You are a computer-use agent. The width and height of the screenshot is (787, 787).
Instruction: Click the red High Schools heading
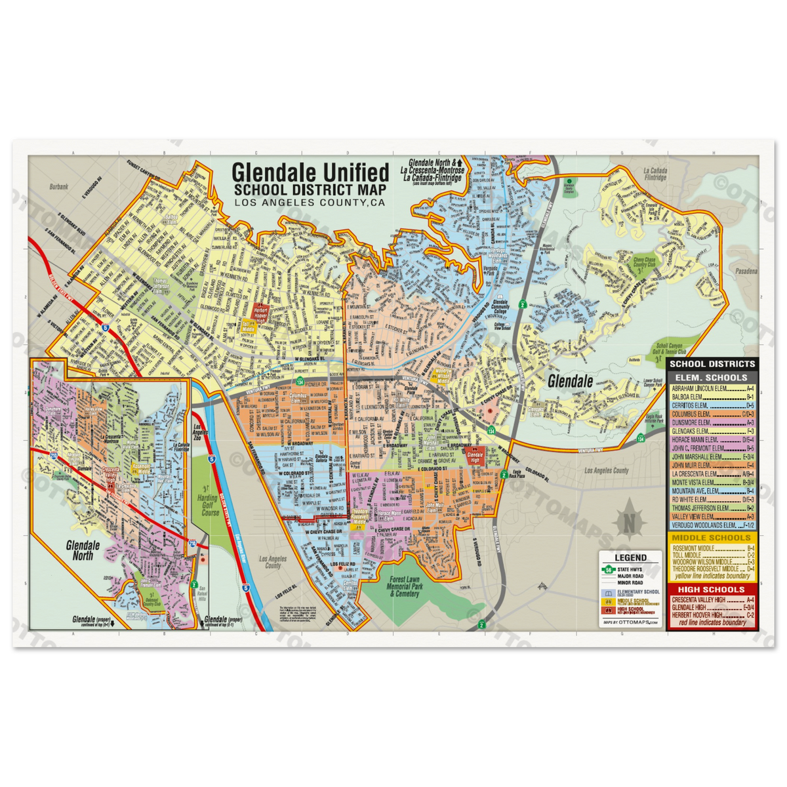(712, 590)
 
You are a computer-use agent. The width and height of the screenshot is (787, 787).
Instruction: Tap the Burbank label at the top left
(58, 186)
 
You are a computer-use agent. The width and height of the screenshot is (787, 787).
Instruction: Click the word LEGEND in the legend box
(630, 557)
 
